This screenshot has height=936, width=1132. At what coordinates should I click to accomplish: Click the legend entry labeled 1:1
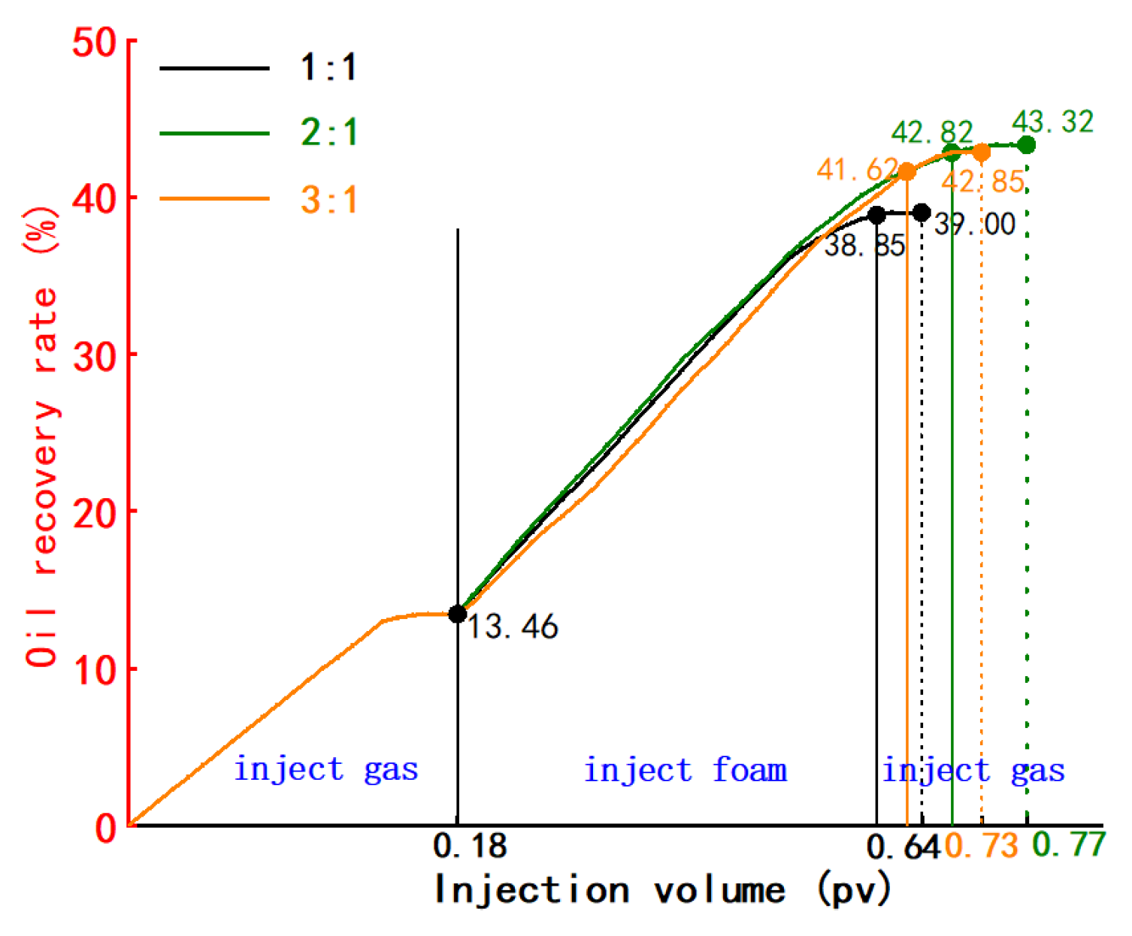pos(328,68)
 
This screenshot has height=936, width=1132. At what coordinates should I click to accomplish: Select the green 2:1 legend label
pos(328,133)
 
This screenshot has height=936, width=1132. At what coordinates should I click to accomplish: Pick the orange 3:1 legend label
pos(328,200)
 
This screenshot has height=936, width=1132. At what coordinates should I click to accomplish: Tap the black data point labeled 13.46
pos(458,614)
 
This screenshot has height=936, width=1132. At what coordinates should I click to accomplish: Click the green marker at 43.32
pos(1027,145)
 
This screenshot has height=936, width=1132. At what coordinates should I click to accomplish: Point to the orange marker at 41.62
pos(907,172)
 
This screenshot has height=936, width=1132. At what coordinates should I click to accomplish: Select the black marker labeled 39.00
pos(922,213)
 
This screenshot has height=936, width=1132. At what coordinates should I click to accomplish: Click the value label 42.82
pos(932,133)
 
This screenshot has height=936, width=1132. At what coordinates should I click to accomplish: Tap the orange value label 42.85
pos(983,182)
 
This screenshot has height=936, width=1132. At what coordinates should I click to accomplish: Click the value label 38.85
pos(864,246)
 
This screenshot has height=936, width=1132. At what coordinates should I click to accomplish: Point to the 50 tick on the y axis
pos(94,43)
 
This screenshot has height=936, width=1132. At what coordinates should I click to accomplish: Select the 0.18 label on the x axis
pos(471,847)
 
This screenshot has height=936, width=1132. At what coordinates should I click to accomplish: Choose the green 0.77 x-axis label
pos(1068,845)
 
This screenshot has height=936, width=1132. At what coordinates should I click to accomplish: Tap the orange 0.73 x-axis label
pos(982,847)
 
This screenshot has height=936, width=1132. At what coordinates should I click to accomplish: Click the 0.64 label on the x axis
pos(903,848)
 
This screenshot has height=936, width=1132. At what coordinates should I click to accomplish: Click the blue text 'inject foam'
pos(686,771)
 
